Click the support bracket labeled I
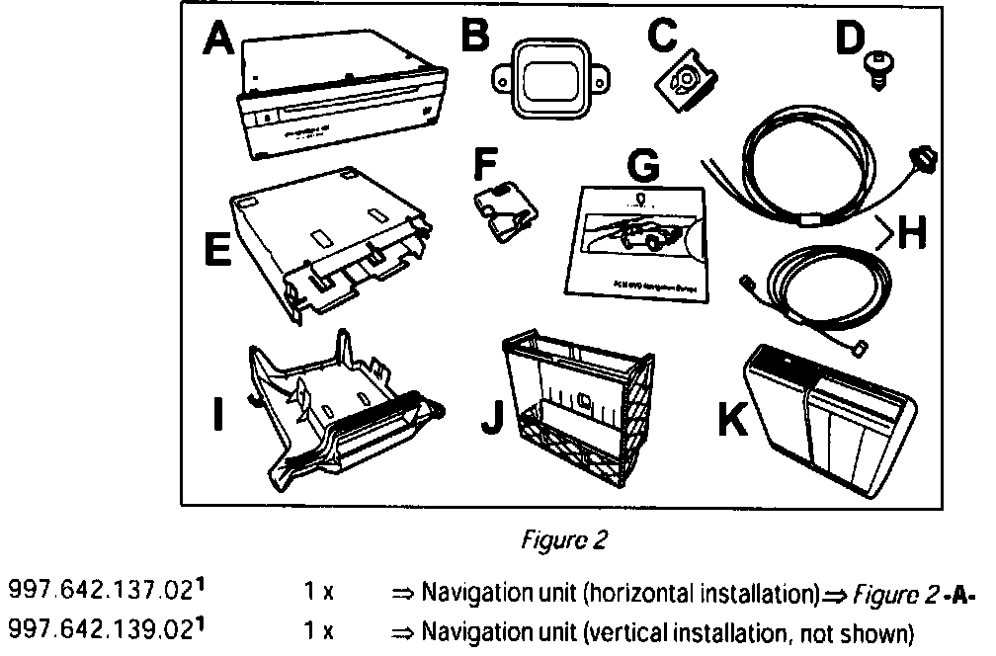(341, 415)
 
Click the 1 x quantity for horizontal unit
(318, 594)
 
